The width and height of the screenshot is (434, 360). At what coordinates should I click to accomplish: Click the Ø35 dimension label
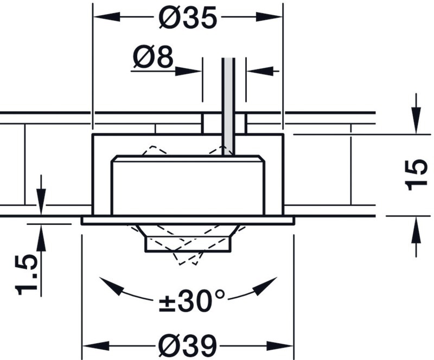188,17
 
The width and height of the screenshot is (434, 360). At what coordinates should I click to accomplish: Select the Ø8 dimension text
153,57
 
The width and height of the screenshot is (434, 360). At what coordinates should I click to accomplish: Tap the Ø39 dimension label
188,346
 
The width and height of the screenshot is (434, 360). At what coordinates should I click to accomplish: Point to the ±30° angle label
192,301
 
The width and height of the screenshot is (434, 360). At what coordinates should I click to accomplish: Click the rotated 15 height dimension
416,175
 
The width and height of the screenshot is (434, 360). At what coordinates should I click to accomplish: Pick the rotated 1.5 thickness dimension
26,275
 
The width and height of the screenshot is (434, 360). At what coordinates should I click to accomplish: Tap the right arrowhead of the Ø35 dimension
269,17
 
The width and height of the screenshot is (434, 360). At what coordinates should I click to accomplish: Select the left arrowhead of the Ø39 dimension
97,346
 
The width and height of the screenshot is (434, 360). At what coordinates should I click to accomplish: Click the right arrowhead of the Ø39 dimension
279,346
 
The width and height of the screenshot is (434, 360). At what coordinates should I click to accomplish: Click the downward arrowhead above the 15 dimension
416,120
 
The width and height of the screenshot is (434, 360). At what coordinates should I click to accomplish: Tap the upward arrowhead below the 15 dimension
416,230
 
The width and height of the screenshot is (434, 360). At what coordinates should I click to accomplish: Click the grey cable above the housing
228,106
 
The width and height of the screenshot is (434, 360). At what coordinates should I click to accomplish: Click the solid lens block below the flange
188,244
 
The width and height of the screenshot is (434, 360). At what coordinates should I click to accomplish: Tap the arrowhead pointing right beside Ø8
188,71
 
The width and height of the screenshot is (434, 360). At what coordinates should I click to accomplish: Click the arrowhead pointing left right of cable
260,71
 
